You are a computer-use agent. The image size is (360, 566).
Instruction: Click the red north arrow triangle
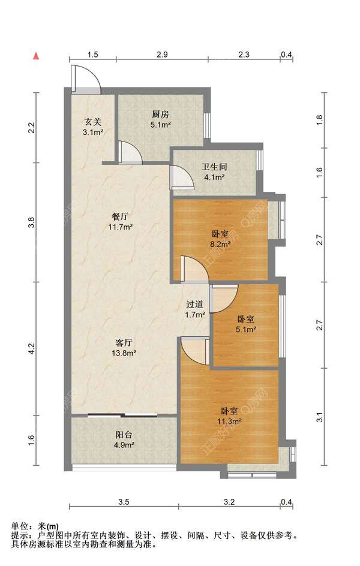pos(36,56)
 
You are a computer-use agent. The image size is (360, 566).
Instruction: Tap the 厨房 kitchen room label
pos(160,115)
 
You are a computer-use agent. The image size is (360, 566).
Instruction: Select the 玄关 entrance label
pos(93,122)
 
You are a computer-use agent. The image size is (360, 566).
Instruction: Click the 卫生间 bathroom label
pos(214,167)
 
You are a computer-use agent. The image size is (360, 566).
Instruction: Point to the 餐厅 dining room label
pos(120,217)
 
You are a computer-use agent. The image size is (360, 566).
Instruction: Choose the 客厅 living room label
pos(124,342)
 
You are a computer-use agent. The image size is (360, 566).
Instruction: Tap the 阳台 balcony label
pos(124,435)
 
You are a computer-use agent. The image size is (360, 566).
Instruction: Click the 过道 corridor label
pos(195,305)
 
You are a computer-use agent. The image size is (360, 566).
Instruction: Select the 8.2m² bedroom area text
pos(220,244)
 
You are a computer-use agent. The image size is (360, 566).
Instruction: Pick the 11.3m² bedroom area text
pos(229,421)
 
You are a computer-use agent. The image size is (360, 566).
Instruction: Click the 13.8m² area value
pos(124,353)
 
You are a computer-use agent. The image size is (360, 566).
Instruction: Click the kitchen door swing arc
pos(129,152)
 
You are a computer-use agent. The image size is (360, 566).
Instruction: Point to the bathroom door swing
pos(182,176)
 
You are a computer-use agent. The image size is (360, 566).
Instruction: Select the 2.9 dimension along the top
pos(162,55)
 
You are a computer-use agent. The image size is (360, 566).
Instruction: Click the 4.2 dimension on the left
pos(32,348)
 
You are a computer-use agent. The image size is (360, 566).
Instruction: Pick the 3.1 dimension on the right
pos(319,418)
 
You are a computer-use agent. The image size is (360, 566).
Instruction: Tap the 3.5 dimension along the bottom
pos(124,501)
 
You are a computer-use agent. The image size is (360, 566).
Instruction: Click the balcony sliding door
pos(122,415)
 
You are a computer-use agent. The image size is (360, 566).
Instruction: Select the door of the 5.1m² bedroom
pos(223,298)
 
